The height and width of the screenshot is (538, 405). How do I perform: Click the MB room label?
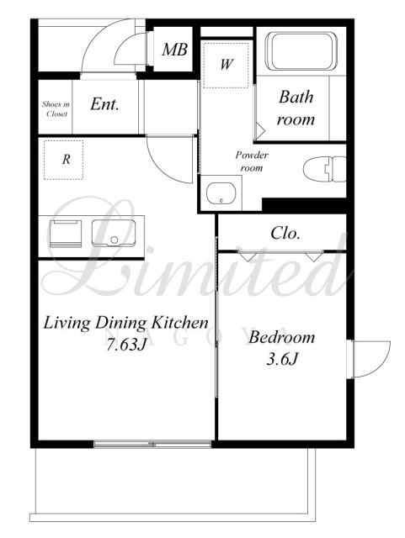pos(174,50)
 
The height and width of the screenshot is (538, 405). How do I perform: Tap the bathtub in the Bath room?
pos(301,51)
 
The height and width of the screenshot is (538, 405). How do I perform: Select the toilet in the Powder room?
pos(324,169)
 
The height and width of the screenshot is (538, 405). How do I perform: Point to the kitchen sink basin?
pos(114,233)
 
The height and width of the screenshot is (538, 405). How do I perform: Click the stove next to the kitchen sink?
pos(66,234)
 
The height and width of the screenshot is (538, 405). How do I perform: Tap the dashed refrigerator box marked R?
pos(64,160)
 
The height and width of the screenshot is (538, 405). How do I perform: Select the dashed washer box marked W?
pos(226,65)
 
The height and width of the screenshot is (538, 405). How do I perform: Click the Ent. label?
pos(104,104)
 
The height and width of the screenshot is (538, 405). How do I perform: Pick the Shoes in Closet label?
pos(56,109)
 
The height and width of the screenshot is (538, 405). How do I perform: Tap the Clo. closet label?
pos(285,234)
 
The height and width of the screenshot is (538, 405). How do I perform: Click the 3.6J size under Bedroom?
pos(281,359)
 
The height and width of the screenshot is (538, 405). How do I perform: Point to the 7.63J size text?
pos(125,344)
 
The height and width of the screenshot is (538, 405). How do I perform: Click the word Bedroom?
pos(281,337)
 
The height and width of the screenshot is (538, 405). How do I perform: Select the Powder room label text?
pos(252,161)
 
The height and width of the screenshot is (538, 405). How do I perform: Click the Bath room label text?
pos(296,108)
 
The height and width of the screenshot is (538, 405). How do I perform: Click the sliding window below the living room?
pos(152,445)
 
